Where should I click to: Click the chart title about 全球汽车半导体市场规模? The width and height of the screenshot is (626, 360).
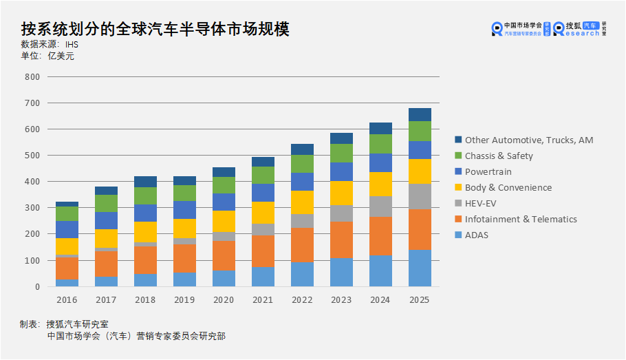click(x=155, y=29)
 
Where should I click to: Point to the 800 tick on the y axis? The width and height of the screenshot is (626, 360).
click(x=32, y=76)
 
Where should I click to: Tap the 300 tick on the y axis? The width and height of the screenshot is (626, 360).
click(x=32, y=208)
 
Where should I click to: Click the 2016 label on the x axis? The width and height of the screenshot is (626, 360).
click(x=67, y=300)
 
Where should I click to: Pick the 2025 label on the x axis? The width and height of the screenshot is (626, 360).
click(x=420, y=300)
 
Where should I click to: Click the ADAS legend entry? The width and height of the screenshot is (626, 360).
click(x=486, y=235)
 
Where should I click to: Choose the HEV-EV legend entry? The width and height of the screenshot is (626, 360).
click(x=490, y=204)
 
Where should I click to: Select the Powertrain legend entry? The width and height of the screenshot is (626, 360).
click(x=488, y=171)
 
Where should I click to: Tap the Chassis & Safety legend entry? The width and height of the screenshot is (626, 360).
click(x=499, y=156)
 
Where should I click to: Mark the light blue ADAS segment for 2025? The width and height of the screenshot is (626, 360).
click(x=420, y=268)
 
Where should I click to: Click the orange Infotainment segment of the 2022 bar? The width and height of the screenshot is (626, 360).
click(x=302, y=245)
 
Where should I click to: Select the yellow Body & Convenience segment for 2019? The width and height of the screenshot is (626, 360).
click(x=184, y=229)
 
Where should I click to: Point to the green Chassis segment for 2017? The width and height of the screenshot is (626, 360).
click(x=106, y=203)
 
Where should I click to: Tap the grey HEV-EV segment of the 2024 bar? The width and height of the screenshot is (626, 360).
click(x=380, y=207)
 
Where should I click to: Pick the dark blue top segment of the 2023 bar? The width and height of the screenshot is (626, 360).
click(x=341, y=138)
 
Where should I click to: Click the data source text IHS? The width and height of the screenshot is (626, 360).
click(x=72, y=44)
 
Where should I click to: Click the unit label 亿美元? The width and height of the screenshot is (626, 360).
click(x=61, y=56)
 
